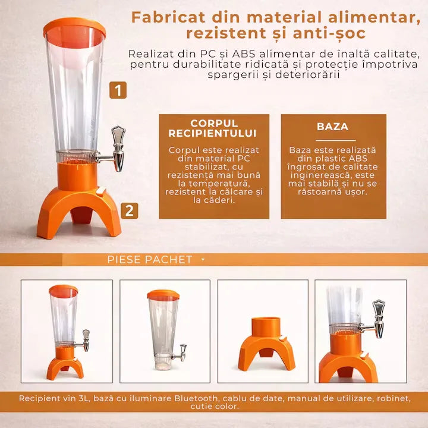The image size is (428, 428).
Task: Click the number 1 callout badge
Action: (x=118, y=90)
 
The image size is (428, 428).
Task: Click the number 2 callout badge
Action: (x=130, y=210)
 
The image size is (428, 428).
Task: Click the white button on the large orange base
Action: (x=101, y=191)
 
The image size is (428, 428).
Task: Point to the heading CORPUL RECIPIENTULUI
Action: (x=213, y=128)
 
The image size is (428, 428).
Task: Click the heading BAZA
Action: (x=333, y=127)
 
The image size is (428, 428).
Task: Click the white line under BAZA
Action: (x=336, y=140)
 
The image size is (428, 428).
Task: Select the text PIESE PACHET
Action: (x=150, y=260)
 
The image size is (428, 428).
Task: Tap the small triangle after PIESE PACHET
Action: (x=203, y=260)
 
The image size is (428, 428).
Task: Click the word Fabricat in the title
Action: (x=168, y=17)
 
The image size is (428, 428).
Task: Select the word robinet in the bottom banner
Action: (x=394, y=398)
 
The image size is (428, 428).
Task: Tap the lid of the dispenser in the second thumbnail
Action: (x=163, y=295)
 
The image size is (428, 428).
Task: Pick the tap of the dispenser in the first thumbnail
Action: (x=84, y=341)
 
